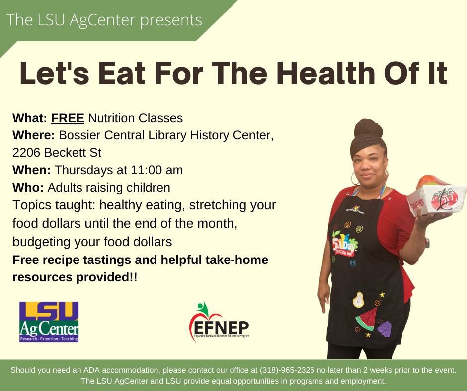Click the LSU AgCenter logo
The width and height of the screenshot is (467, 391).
click(49, 322)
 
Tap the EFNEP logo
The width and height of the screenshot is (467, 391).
click(220, 323)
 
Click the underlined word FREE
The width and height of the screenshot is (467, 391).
click(68, 118)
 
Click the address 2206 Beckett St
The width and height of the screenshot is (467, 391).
click(57, 153)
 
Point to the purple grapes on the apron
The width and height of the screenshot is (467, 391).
click(385, 328)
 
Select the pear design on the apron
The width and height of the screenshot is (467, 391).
click(358, 299)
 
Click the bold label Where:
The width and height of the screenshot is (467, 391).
click(34, 135)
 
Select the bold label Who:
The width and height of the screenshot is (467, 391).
click(28, 188)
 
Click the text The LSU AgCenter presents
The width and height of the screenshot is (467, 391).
click(104, 20)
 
